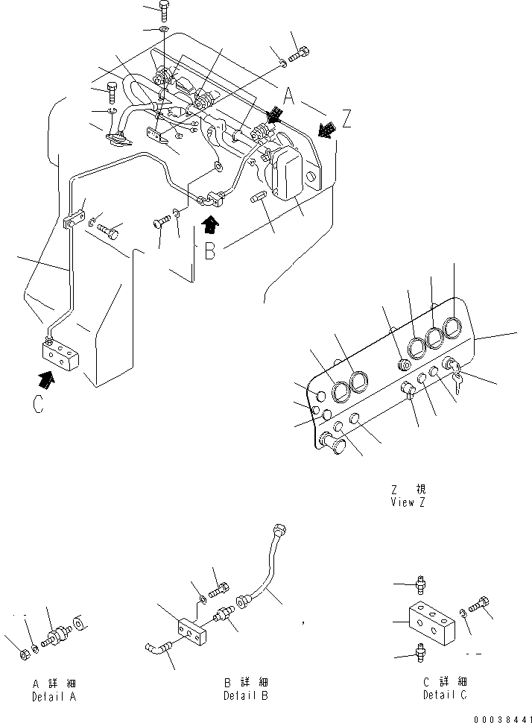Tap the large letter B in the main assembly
(211, 251)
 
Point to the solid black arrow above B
(211, 221)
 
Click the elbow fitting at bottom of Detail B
(159, 650)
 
